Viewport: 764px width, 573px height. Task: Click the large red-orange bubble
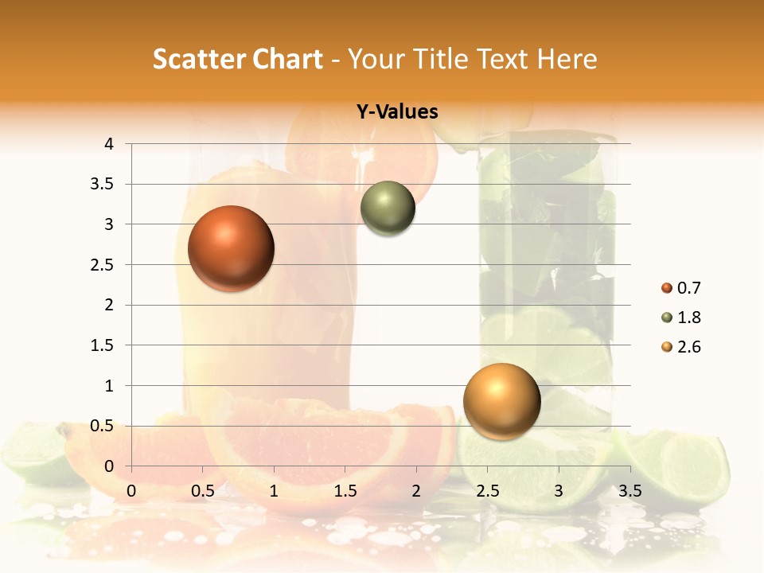pyautogui.click(x=231, y=248)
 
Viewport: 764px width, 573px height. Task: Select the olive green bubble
pyautogui.click(x=388, y=209)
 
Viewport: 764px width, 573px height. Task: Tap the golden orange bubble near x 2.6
pyautogui.click(x=501, y=401)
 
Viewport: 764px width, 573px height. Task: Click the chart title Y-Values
pyautogui.click(x=396, y=112)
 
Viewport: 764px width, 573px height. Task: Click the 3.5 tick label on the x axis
pyautogui.click(x=630, y=491)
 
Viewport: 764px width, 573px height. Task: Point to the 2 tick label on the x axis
pyautogui.click(x=416, y=491)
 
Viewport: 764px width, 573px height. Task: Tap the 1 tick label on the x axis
pyautogui.click(x=274, y=491)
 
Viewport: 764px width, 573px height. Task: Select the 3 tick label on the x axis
pyautogui.click(x=559, y=491)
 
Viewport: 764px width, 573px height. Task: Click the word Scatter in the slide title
pyautogui.click(x=198, y=59)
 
